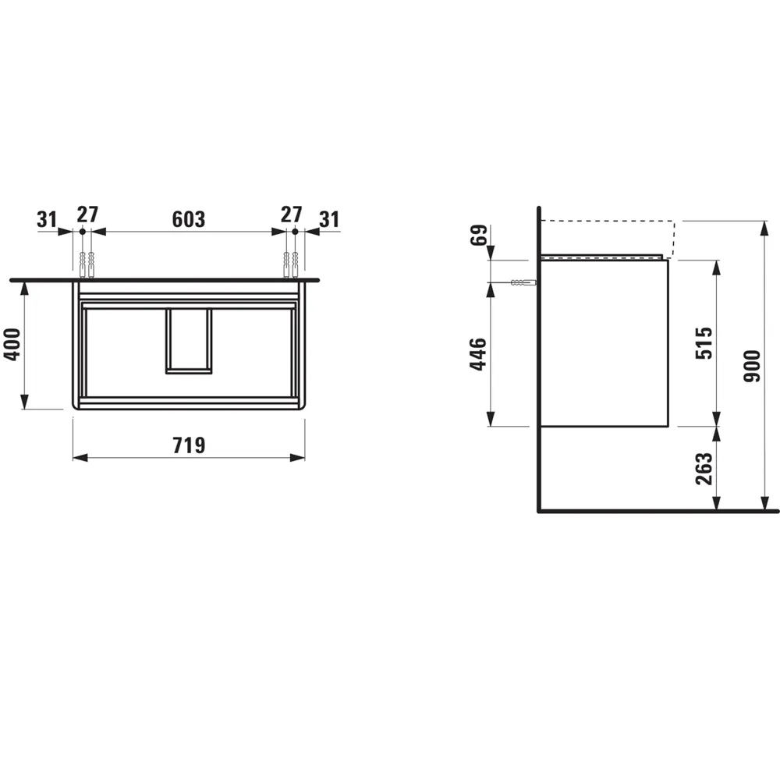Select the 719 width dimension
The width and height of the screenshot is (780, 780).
pyautogui.click(x=189, y=445)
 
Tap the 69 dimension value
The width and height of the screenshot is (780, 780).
pyautogui.click(x=479, y=235)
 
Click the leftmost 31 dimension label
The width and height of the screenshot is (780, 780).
pyautogui.click(x=47, y=219)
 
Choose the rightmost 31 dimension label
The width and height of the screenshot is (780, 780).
pyautogui.click(x=329, y=219)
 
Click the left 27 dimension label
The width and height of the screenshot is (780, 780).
pyautogui.click(x=87, y=214)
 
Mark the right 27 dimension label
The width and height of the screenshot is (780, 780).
pyautogui.click(x=292, y=214)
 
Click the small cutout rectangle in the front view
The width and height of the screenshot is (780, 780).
pyautogui.click(x=188, y=340)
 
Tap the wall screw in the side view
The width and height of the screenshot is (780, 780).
pyautogui.click(x=522, y=283)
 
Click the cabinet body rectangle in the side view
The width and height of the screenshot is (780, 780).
pyautogui.click(x=604, y=343)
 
